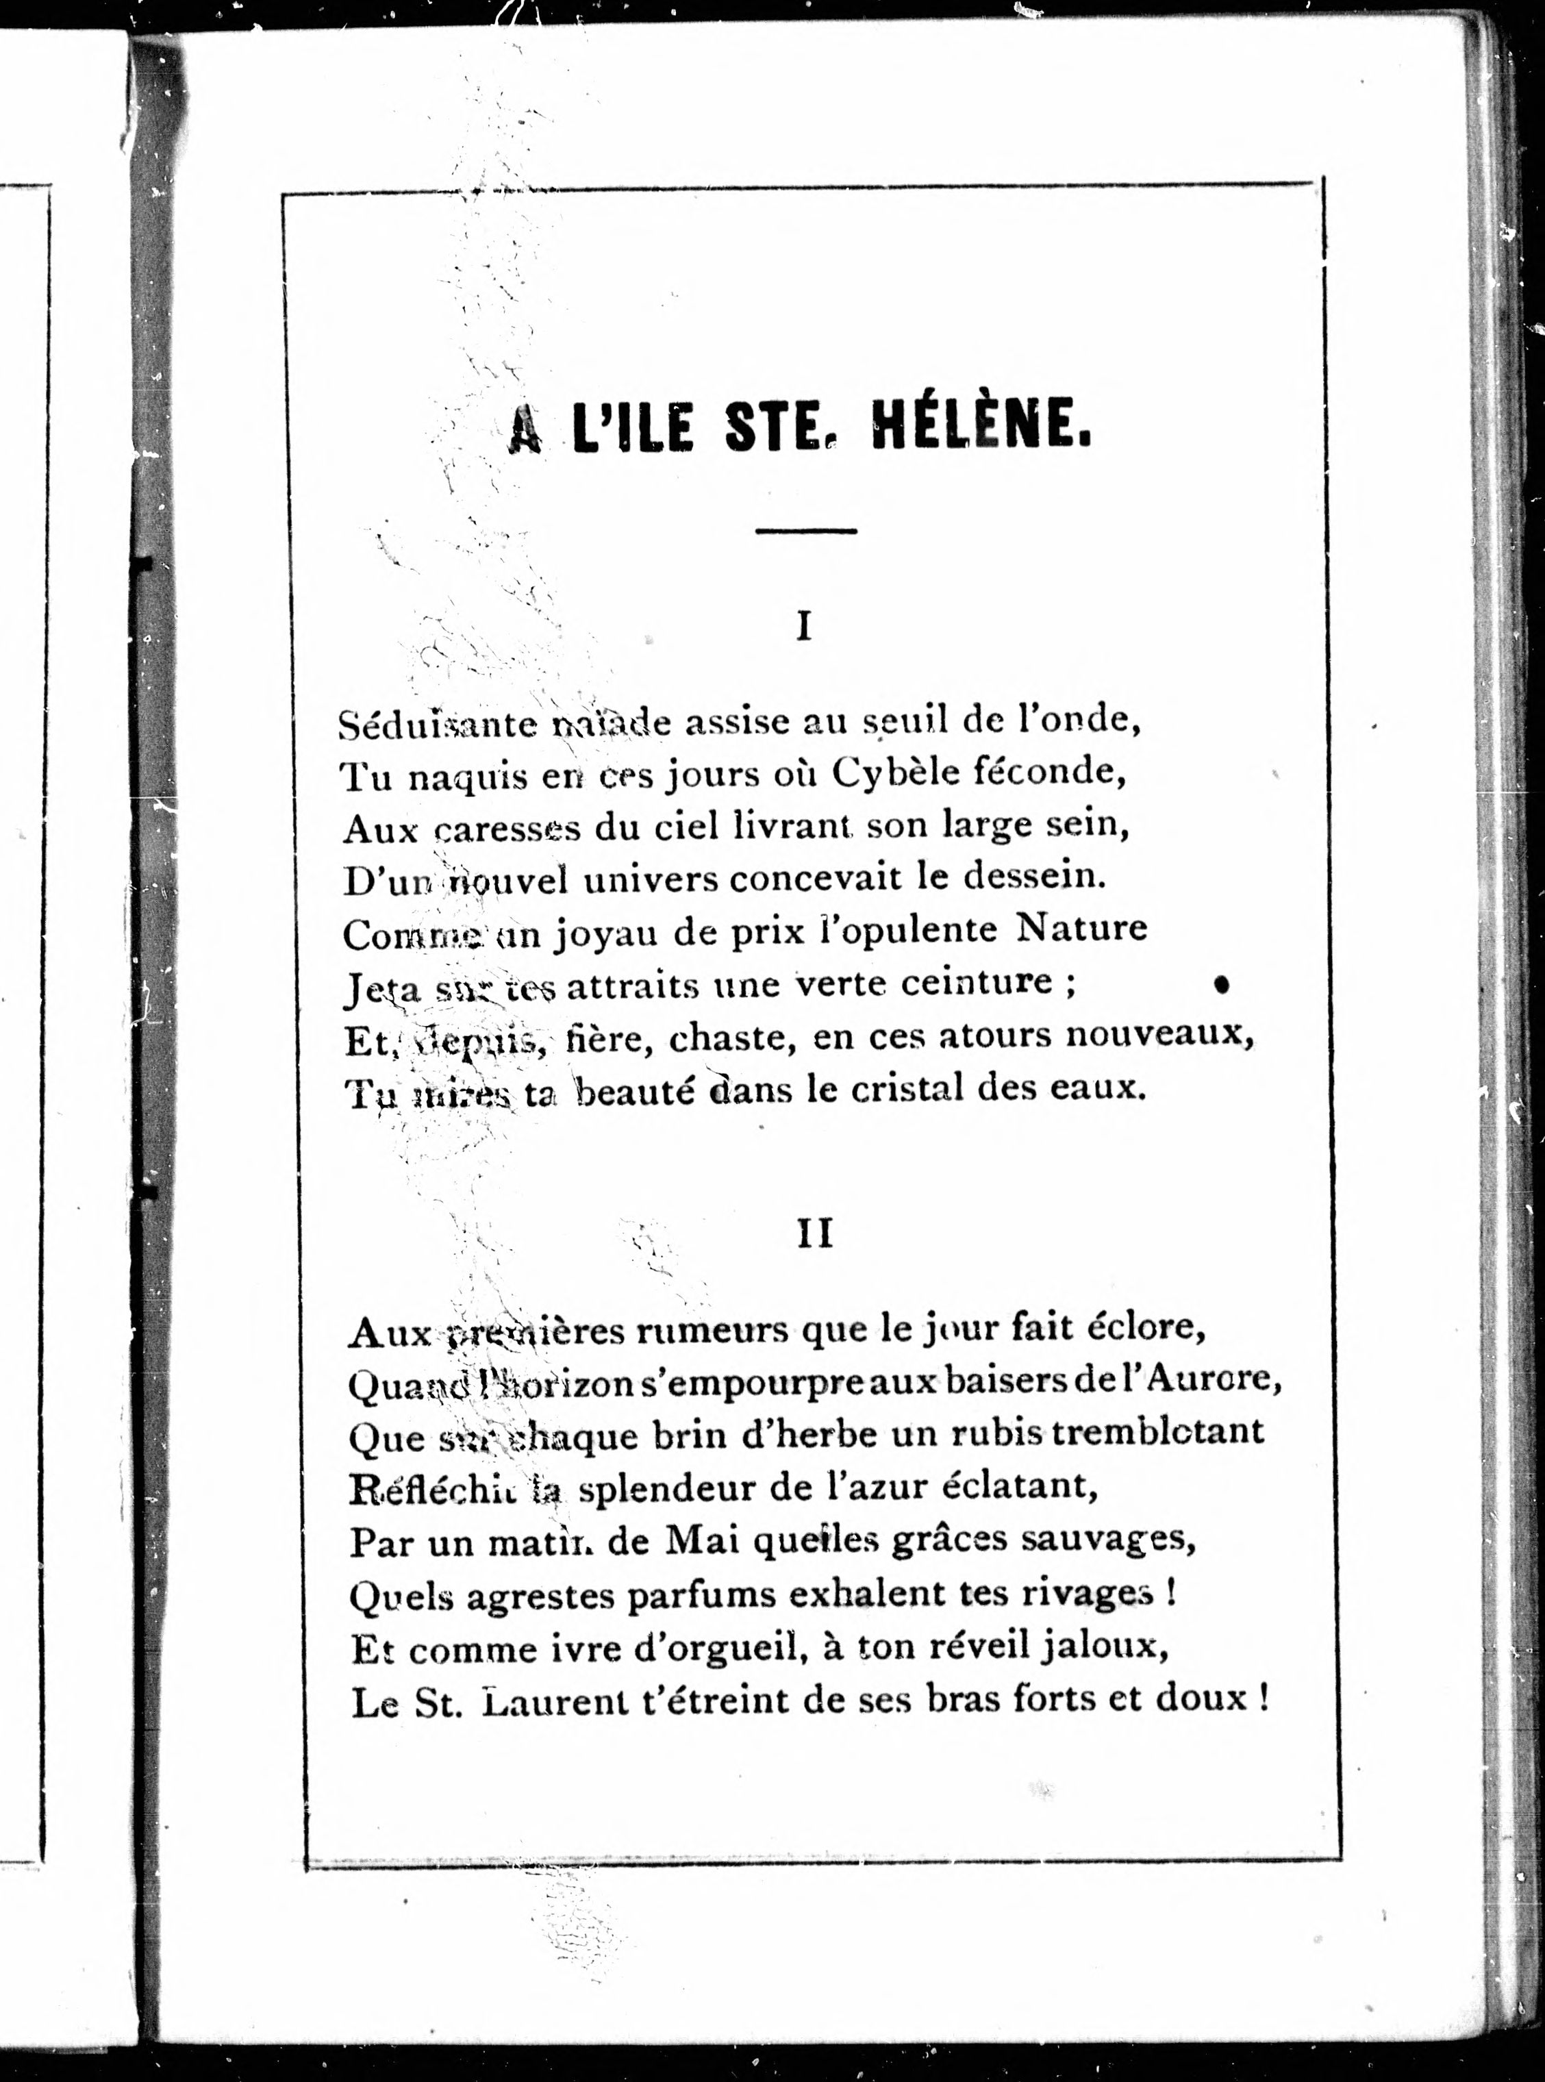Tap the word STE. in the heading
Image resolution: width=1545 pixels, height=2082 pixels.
click(x=778, y=431)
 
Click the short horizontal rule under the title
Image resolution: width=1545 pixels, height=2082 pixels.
click(x=805, y=531)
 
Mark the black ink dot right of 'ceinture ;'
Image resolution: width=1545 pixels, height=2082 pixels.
click(x=1220, y=984)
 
